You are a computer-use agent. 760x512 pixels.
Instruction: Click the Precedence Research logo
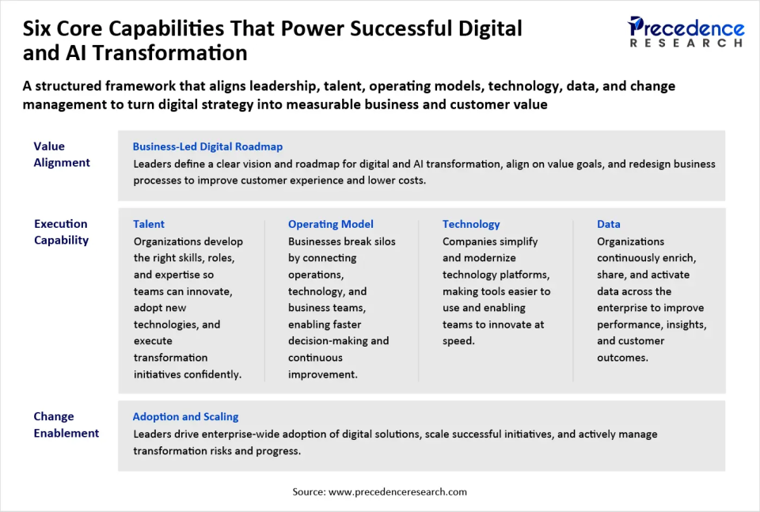(x=686, y=32)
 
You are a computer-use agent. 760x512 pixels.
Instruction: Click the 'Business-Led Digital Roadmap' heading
(x=207, y=146)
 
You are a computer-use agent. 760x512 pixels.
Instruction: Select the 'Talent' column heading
(x=149, y=224)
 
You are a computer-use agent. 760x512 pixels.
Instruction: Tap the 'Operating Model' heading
(x=330, y=224)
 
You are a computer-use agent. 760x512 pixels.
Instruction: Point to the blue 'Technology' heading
(x=471, y=224)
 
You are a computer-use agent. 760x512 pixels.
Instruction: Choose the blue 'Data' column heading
(x=609, y=224)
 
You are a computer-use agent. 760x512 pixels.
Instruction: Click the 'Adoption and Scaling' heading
(x=185, y=416)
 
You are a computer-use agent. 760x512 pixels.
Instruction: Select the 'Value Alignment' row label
(x=62, y=154)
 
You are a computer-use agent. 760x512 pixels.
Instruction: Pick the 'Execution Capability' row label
(x=61, y=232)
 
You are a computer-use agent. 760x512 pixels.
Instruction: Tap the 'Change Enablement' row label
(x=66, y=425)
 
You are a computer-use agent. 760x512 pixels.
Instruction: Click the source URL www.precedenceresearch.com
(x=397, y=491)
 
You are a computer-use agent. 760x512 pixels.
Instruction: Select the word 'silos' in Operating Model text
(x=380, y=241)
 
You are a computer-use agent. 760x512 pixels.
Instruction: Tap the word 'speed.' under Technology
(x=458, y=341)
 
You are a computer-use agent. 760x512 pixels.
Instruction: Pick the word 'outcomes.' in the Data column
(x=622, y=358)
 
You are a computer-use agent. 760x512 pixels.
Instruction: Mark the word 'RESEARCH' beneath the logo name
(x=686, y=43)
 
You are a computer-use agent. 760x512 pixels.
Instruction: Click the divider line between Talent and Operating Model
(x=264, y=301)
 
